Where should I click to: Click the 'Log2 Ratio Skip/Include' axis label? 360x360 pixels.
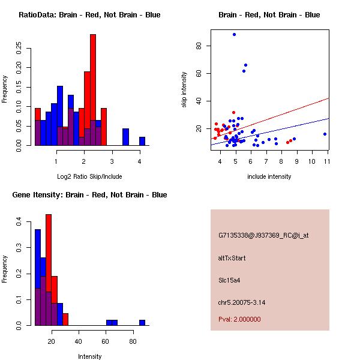tap(89, 176)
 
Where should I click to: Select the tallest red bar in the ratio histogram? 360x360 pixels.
tap(93, 90)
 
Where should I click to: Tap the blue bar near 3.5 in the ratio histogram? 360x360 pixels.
tap(125, 137)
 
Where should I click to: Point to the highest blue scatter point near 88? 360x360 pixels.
tap(235, 35)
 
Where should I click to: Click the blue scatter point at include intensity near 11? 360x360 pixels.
tap(325, 134)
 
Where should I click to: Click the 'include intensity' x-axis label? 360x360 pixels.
tap(269, 176)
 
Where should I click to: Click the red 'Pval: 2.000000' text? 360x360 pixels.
tap(239, 319)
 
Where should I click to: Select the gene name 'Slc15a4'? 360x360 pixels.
tap(229, 280)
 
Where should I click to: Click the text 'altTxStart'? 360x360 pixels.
tap(232, 258)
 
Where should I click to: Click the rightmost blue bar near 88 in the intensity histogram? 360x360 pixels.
tap(142, 322)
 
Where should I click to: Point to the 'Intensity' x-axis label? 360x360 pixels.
tap(90, 356)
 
